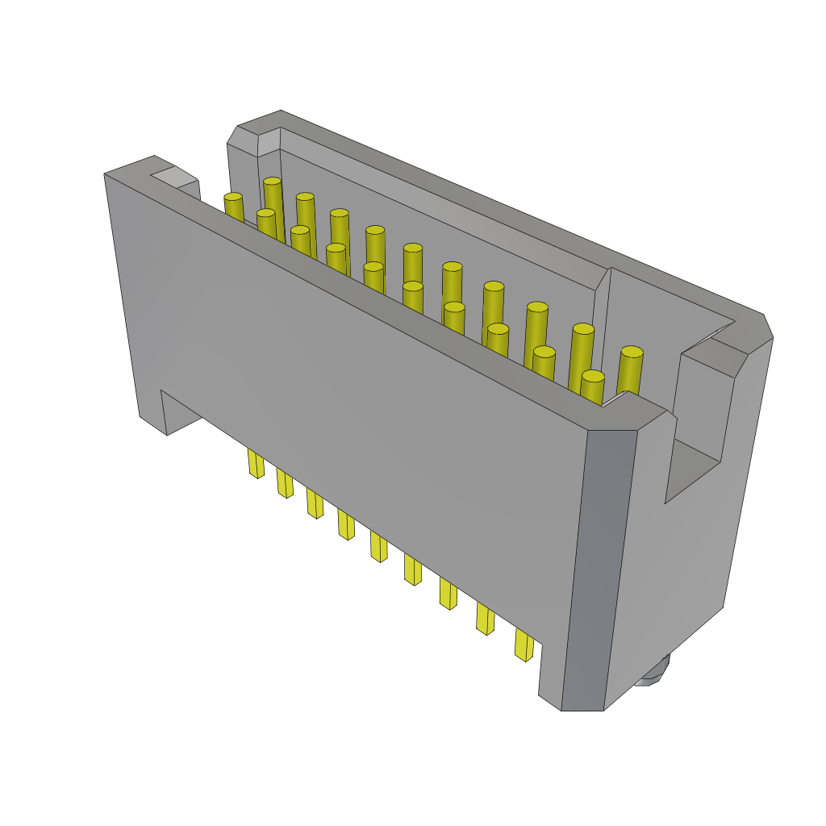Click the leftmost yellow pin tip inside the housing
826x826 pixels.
[x=233, y=198]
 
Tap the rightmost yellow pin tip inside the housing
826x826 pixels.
[x=632, y=353]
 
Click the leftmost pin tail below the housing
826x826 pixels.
[x=256, y=463]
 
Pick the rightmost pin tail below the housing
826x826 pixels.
[x=524, y=645]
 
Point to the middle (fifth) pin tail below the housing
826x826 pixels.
[x=378, y=546]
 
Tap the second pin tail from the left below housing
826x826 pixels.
[x=285, y=482]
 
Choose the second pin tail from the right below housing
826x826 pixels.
[x=485, y=618]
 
